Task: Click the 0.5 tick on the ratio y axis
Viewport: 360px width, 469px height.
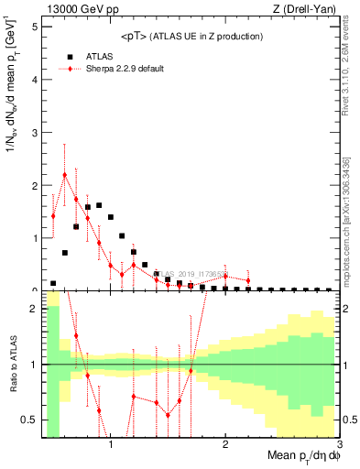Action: click(x=29, y=420)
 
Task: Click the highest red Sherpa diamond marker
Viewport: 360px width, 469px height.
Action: click(x=64, y=175)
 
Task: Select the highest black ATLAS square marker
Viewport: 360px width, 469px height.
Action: click(x=99, y=205)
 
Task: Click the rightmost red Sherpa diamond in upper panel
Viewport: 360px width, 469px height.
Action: click(x=248, y=280)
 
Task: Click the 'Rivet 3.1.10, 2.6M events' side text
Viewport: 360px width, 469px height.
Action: click(x=350, y=69)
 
